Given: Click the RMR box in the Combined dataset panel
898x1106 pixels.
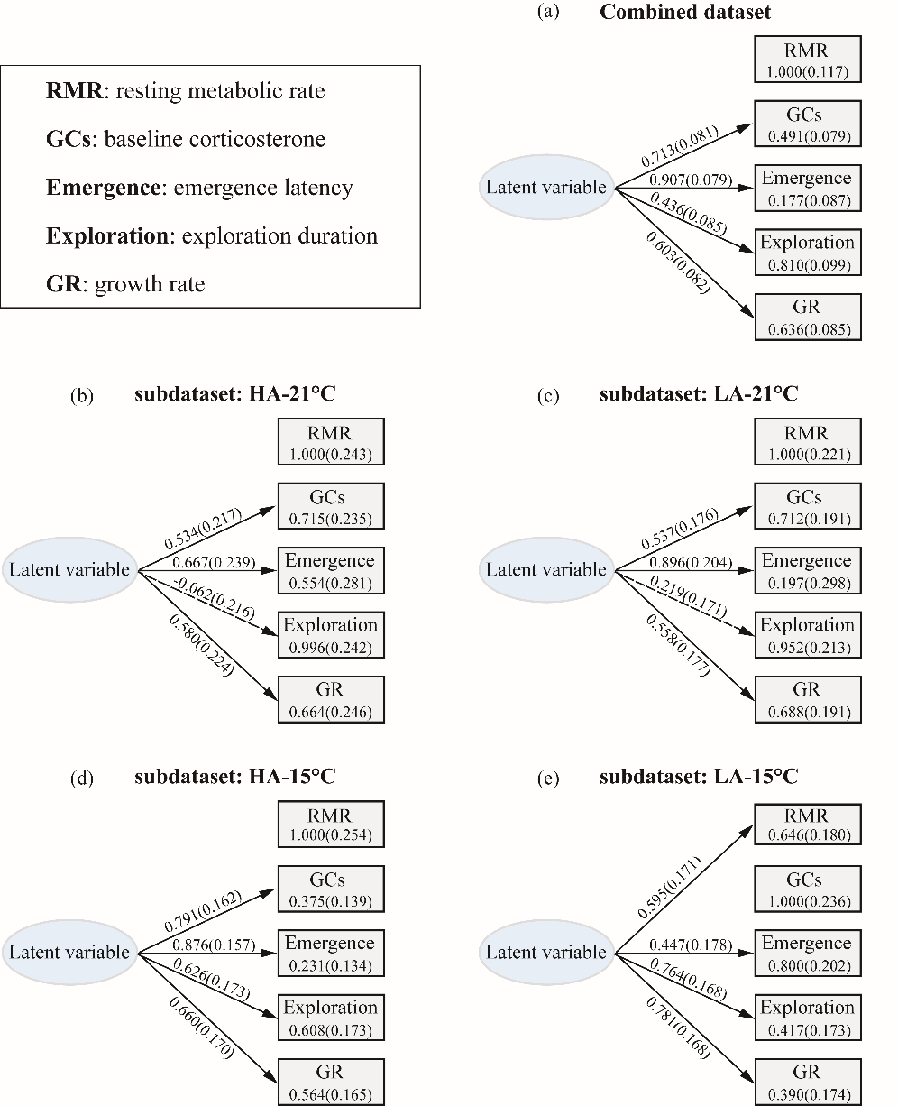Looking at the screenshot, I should (807, 60).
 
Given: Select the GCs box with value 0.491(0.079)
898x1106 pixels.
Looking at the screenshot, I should (807, 124).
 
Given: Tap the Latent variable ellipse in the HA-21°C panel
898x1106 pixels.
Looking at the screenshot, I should (69, 570).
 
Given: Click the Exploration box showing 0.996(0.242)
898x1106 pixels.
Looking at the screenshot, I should (330, 635).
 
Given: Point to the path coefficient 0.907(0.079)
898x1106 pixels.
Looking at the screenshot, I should (690, 179).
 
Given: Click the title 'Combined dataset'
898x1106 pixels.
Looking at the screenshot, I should (685, 12).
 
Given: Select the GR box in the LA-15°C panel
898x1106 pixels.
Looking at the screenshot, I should (807, 1081).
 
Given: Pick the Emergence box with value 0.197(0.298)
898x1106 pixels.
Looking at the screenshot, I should (807, 571).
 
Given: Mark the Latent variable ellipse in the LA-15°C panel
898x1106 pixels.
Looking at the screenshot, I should (546, 953).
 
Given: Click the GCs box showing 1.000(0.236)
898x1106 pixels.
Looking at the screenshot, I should (807, 889).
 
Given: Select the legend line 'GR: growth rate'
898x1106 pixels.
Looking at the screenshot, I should (125, 285).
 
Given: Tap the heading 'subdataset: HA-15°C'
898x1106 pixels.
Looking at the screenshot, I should (235, 777).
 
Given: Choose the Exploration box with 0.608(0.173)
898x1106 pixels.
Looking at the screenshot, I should (330, 1018).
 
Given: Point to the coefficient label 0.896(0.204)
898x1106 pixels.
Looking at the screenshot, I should (690, 562).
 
